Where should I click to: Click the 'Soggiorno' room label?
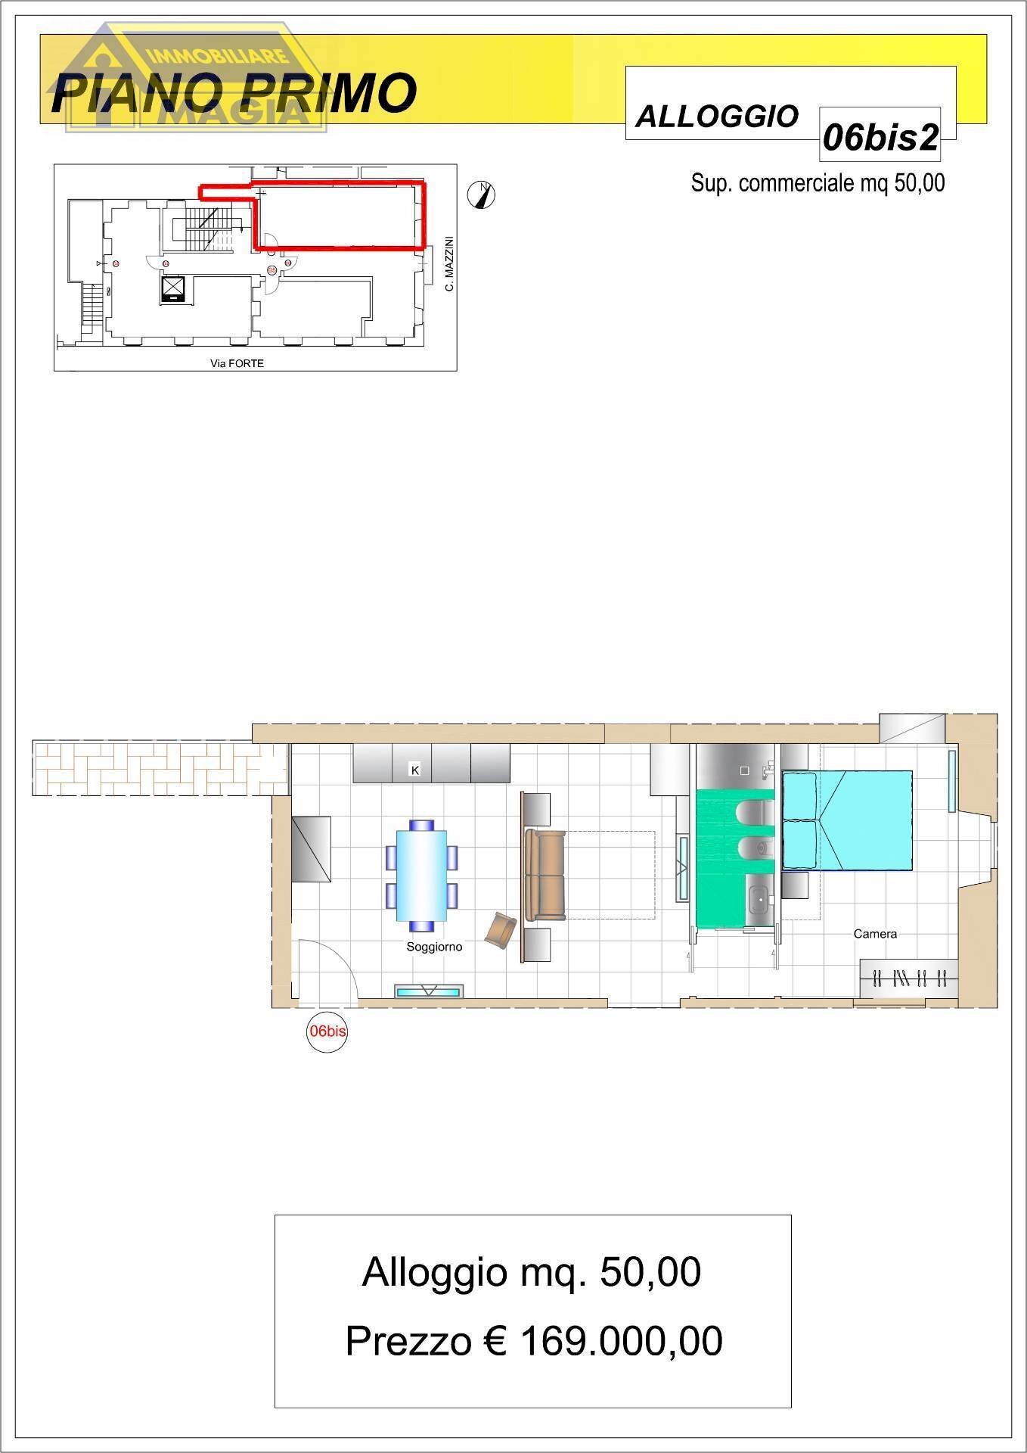(434, 947)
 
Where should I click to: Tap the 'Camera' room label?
(875, 934)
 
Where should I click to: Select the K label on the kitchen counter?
(414, 770)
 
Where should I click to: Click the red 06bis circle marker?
(327, 1031)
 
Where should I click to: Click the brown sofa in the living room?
(545, 875)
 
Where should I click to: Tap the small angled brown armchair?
(501, 929)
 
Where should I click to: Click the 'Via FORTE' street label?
(237, 363)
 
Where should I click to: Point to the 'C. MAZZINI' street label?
(448, 263)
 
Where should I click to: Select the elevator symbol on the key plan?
(173, 289)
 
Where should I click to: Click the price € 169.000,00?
(534, 1342)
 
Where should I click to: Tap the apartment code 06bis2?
(880, 137)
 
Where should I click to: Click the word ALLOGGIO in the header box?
(717, 117)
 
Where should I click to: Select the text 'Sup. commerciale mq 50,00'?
(818, 183)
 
